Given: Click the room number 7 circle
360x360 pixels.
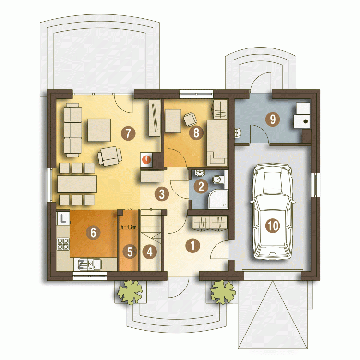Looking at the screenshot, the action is [x=128, y=133].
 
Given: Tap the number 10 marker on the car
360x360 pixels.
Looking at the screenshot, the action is [x=273, y=226].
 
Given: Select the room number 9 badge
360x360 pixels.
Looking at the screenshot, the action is [x=273, y=119].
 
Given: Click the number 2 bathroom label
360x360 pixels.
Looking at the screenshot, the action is [x=201, y=186].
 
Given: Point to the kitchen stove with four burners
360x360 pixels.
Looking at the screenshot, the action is [x=63, y=244].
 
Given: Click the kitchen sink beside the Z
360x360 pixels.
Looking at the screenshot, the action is [x=94, y=264].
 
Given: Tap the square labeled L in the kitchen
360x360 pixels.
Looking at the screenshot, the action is [x=63, y=218].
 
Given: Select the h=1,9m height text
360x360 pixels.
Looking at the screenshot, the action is [x=129, y=228].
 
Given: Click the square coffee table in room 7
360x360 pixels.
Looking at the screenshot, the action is [x=99, y=130].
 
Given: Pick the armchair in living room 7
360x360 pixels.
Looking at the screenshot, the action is [x=109, y=156].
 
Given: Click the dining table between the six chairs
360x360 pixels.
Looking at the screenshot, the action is [x=77, y=184].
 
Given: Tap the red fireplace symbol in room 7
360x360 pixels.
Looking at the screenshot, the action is [x=146, y=159].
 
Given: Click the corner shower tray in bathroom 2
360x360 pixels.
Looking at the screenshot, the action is [x=218, y=199].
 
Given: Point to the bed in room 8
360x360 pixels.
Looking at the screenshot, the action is [x=217, y=143].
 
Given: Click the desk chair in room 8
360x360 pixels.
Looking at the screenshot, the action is [x=190, y=119].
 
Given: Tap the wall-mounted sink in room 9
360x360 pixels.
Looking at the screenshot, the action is [x=238, y=133].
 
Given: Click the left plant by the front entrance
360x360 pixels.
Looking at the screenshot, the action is [x=130, y=292].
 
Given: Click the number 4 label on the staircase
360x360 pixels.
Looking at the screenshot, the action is [x=150, y=252].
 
